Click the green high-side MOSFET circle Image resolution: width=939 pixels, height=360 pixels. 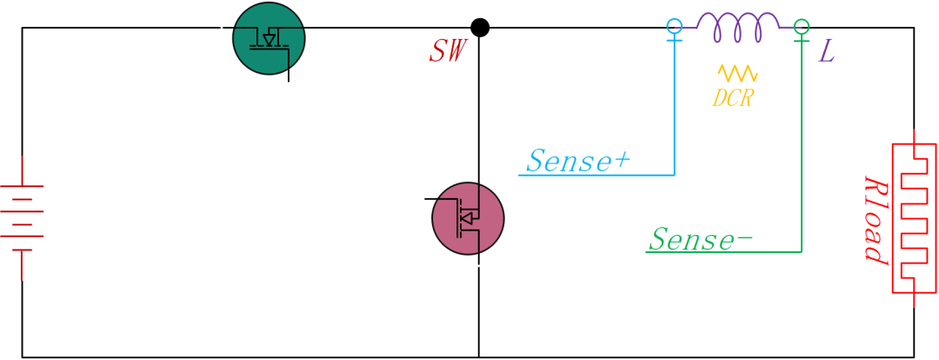pos(269,38)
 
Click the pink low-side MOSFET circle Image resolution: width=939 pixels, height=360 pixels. pos(468,218)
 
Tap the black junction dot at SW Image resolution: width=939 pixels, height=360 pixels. pos(479,28)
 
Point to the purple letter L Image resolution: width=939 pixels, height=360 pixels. pos(826,53)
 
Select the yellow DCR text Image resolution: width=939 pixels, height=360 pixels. pos(732,98)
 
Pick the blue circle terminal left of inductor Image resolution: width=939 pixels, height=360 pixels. pos(675,27)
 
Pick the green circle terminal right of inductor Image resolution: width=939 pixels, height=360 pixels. pos(802,27)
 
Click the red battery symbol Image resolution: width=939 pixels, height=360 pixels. pos(23,217)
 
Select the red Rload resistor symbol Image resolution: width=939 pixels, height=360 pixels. pos(914,217)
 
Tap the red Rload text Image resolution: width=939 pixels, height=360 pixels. pos(874,220)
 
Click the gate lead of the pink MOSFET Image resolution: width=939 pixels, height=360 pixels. pos(439,198)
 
